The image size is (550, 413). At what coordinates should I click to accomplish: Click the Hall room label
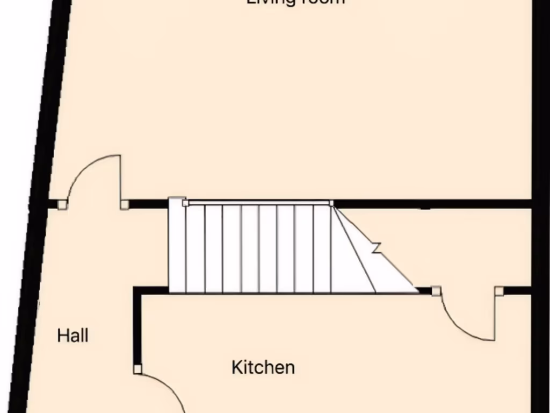click(x=73, y=336)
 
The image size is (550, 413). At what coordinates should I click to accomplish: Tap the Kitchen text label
click(x=263, y=368)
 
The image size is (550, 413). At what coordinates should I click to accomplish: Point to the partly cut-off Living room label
click(x=295, y=2)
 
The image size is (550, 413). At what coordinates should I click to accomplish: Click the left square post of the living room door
click(x=62, y=204)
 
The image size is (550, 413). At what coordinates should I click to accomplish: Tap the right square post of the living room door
click(x=124, y=204)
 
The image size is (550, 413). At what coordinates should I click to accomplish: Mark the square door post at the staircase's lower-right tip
click(x=436, y=291)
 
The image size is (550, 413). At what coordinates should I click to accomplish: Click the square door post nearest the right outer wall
click(x=499, y=291)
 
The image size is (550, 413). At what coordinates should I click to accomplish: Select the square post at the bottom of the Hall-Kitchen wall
click(x=137, y=369)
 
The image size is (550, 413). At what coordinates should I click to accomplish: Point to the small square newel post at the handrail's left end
click(x=185, y=203)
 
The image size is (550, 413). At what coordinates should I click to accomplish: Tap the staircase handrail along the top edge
click(x=258, y=203)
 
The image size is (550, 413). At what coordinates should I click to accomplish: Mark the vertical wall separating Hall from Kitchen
click(x=137, y=328)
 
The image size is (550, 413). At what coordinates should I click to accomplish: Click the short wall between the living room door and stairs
click(x=148, y=204)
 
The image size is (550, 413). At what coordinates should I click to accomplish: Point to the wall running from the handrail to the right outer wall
click(x=430, y=204)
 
